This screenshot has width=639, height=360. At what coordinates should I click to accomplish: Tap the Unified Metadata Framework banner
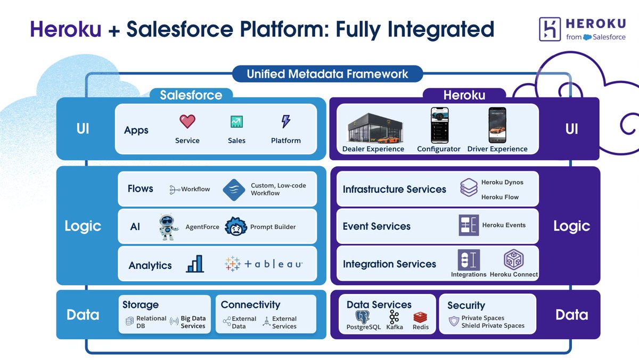pyautogui.click(x=327, y=73)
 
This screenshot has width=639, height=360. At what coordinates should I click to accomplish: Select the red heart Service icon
pyautogui.click(x=187, y=122)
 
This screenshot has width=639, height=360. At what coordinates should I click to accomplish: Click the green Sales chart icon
pyautogui.click(x=236, y=122)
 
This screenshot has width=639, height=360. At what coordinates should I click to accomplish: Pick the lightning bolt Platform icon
pyautogui.click(x=286, y=122)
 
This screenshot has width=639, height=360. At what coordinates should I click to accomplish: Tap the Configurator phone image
pyautogui.click(x=439, y=125)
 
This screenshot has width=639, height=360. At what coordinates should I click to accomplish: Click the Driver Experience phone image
pyautogui.click(x=497, y=125)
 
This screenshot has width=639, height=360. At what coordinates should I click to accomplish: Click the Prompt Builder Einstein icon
pyautogui.click(x=235, y=227)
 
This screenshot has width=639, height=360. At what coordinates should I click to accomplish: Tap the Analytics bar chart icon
pyautogui.click(x=194, y=264)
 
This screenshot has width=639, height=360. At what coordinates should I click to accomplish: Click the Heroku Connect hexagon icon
pyautogui.click(x=514, y=259)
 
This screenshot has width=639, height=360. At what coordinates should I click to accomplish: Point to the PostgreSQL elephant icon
pyautogui.click(x=363, y=317)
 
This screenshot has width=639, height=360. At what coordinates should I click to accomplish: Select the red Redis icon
pyautogui.click(x=421, y=317)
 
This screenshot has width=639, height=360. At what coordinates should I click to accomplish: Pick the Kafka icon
pyautogui.click(x=394, y=317)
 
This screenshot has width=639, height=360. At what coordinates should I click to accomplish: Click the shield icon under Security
pyautogui.click(x=454, y=322)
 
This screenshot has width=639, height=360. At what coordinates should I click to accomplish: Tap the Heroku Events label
pyautogui.click(x=504, y=225)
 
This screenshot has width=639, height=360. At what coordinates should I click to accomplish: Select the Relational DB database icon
pyautogui.click(x=129, y=321)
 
